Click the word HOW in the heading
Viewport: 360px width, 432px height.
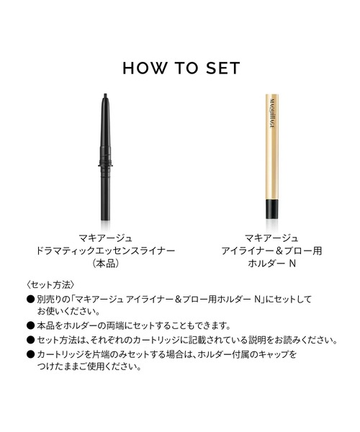pyautogui.click(x=145, y=68)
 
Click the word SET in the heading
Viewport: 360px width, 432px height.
pyautogui.click(x=223, y=68)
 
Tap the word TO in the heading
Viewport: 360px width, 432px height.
pyautogui.click(x=186, y=68)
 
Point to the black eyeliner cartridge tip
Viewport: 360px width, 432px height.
pyautogui.click(x=105, y=96)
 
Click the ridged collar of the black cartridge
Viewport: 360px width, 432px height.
pyautogui.click(x=106, y=163)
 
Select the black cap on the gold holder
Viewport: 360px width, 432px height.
pyautogui.click(x=272, y=209)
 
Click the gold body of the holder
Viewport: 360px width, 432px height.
pyautogui.click(x=272, y=147)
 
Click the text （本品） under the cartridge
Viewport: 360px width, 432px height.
pyautogui.click(x=106, y=264)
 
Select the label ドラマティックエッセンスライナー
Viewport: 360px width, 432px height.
pyautogui.click(x=106, y=251)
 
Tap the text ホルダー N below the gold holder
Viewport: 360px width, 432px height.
pyautogui.click(x=272, y=264)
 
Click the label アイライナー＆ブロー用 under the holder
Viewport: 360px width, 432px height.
pyautogui.click(x=272, y=251)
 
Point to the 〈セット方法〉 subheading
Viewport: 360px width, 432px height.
pyautogui.click(x=50, y=284)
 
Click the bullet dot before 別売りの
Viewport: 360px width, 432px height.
pyautogui.click(x=30, y=300)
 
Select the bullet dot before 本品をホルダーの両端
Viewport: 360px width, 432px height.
pyautogui.click(x=30, y=325)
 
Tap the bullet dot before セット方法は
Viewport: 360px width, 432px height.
pyautogui.click(x=30, y=340)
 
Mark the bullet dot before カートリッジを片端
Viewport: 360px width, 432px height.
pyautogui.click(x=30, y=354)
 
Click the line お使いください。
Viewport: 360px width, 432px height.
pyautogui.click(x=68, y=312)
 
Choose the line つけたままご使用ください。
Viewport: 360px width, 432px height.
pyautogui.click(x=89, y=366)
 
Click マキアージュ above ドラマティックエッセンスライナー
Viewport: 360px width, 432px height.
pyautogui.click(x=106, y=238)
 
